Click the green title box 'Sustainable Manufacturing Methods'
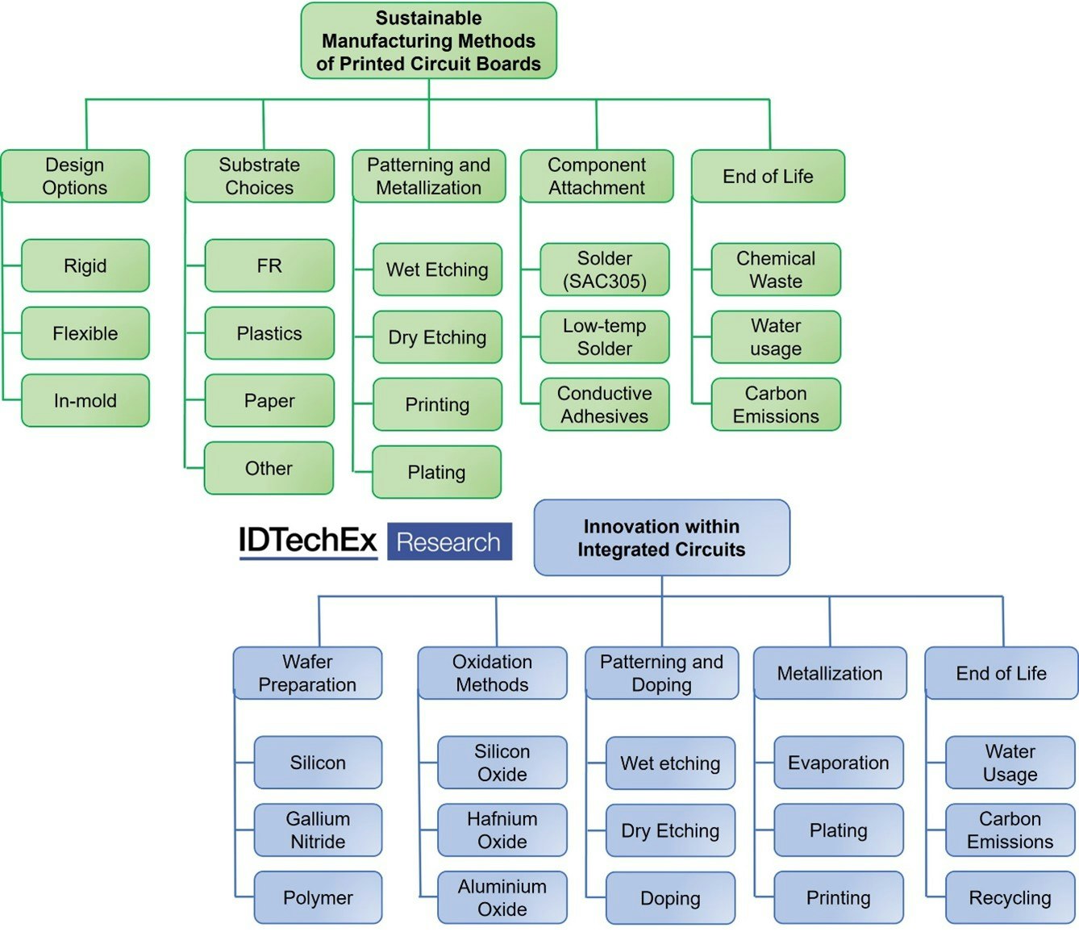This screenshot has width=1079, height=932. (x=428, y=41)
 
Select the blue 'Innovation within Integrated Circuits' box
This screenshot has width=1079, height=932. (x=661, y=538)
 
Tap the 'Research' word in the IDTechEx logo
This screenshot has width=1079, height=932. (x=449, y=542)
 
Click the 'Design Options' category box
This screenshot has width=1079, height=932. (x=75, y=176)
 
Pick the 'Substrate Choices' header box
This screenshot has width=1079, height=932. (x=259, y=176)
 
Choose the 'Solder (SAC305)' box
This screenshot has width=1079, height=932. (x=604, y=270)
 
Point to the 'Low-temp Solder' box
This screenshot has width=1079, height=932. (x=604, y=337)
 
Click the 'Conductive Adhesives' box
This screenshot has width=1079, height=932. (x=604, y=404)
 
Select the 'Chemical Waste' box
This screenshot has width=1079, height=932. (x=776, y=270)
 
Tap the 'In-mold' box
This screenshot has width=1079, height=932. (x=85, y=400)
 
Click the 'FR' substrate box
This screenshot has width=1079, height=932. (x=269, y=265)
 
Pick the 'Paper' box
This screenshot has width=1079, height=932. (x=269, y=400)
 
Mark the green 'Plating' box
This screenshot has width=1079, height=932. (x=436, y=472)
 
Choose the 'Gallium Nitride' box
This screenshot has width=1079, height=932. (x=318, y=830)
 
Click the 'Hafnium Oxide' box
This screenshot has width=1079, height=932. (x=502, y=830)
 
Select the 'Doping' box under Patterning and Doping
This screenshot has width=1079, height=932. (x=670, y=898)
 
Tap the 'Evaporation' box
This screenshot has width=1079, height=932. (x=838, y=763)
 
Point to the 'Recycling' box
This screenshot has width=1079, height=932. (x=1010, y=898)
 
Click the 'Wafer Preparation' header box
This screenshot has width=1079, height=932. (x=307, y=673)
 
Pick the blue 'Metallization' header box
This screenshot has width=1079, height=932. (x=830, y=673)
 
